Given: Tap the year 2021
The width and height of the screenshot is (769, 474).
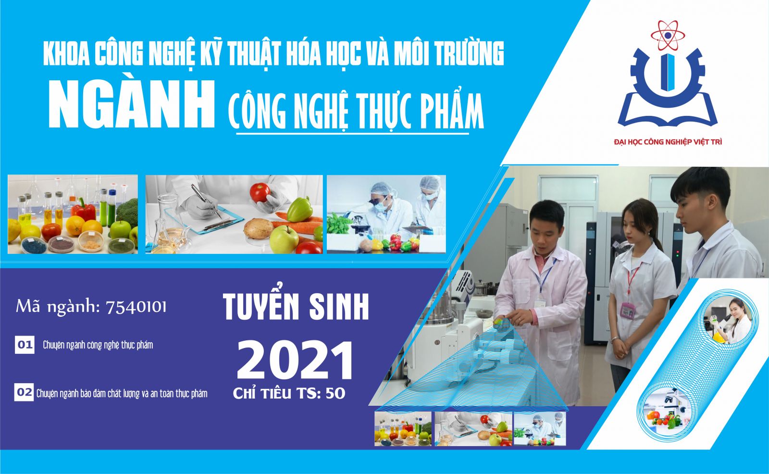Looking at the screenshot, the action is (x=295, y=361).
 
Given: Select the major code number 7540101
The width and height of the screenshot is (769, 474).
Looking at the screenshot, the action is (x=136, y=307).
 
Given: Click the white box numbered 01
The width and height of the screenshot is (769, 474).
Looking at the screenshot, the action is (x=25, y=345).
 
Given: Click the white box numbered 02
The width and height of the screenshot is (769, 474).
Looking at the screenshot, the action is (x=25, y=392).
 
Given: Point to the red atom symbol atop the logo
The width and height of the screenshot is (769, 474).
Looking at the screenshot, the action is (x=668, y=35).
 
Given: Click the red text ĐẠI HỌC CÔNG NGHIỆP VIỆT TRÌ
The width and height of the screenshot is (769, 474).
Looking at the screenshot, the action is (x=668, y=142).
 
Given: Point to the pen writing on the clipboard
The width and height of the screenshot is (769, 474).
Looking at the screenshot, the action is (x=206, y=201).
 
